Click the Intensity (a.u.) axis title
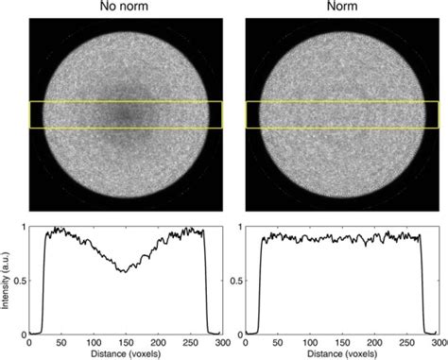click(8, 280)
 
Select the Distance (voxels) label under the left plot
click(126, 353)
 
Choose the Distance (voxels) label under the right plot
click(342, 353)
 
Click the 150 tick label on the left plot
click(126, 341)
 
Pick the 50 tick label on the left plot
click(60, 341)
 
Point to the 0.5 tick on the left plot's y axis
click(20, 280)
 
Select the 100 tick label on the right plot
click(310, 341)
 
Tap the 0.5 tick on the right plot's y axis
click(236, 280)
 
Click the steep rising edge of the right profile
click(260, 283)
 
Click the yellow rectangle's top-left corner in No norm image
click(29, 101)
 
